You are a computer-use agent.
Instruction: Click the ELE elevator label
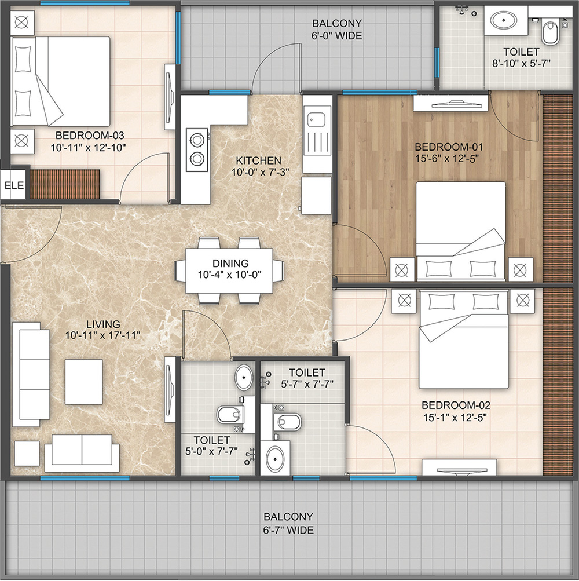tap(14, 185)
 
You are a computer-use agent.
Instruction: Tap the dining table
tap(229, 271)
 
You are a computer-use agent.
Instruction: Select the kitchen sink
tap(316, 120)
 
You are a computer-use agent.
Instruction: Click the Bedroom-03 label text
tap(89, 135)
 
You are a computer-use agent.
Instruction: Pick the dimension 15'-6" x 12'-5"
tap(447, 159)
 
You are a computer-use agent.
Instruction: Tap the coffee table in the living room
tap(84, 382)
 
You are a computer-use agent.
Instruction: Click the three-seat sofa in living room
tap(31, 374)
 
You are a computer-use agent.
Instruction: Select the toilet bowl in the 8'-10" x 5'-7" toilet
tap(549, 32)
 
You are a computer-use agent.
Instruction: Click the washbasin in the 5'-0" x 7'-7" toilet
tap(244, 377)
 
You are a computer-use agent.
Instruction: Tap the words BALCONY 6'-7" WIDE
tap(288, 523)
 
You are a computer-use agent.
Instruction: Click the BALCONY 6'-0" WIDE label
tap(337, 30)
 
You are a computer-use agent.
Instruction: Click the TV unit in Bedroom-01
tap(450, 103)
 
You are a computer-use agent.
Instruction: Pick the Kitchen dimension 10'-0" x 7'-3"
tap(260, 172)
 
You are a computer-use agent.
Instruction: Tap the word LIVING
tap(104, 324)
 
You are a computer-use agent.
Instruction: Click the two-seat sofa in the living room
tap(82, 453)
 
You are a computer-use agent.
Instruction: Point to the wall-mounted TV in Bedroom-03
tap(170, 97)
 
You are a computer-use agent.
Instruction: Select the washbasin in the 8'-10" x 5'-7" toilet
tap(504, 20)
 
